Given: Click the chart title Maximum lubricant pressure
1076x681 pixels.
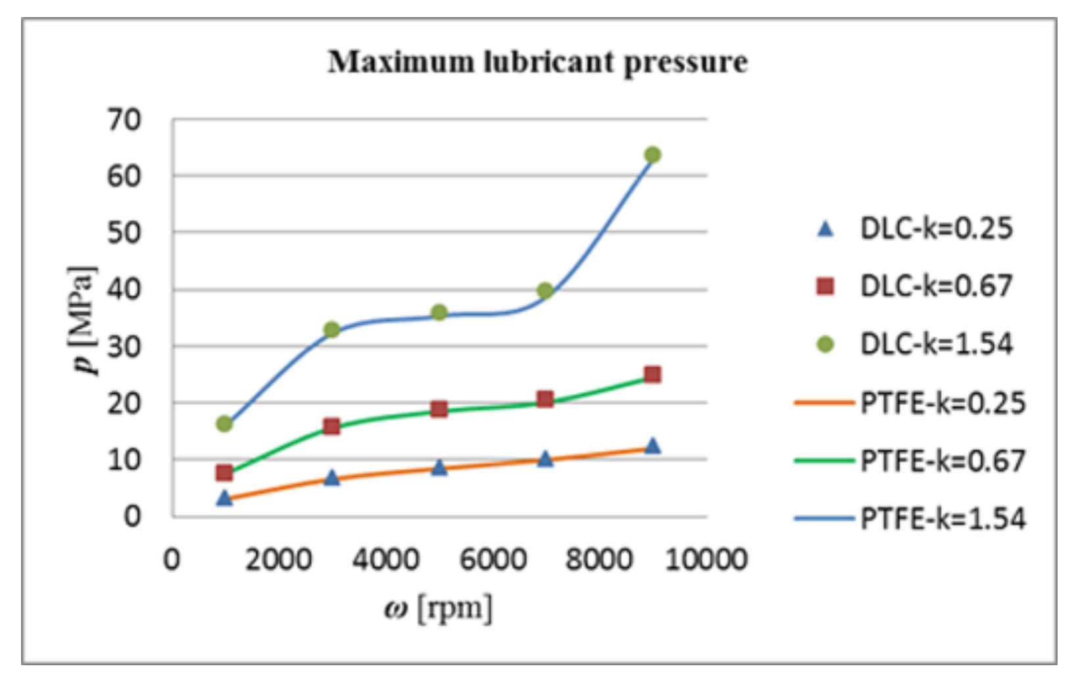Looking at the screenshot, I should point(537,62).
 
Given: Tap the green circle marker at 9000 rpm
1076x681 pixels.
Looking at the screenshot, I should point(652,155).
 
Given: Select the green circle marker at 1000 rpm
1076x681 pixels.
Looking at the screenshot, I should point(224,424).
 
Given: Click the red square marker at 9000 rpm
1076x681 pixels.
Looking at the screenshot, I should point(652,375).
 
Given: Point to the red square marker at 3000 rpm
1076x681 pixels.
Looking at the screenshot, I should point(331,427).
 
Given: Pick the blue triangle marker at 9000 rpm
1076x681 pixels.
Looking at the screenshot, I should point(652,446).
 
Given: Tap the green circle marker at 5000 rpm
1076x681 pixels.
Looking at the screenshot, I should point(439,312).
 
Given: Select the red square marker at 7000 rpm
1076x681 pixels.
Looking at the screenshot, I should point(545,399).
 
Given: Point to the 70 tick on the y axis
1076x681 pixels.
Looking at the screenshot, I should point(124,120).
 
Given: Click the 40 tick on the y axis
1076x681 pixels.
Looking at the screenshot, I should point(124,289).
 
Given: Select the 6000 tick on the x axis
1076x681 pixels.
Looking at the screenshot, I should point(493,560).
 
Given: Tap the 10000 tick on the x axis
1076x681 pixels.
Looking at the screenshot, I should point(706,560).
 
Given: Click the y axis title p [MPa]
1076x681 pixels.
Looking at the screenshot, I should point(84,320).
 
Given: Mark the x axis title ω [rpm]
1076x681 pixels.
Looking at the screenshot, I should point(438,609).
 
